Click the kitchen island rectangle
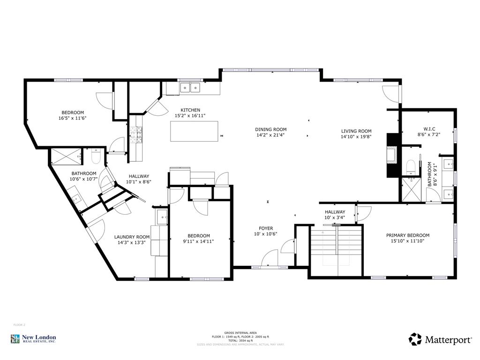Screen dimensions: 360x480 194,131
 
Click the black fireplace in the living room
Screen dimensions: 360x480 392,155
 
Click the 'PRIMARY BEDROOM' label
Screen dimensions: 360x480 407,235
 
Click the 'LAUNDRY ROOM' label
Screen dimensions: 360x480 132,237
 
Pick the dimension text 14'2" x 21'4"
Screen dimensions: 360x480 270,135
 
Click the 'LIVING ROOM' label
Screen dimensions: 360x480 356,131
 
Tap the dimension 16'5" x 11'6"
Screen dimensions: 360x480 73,118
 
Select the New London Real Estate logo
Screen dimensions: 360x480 33,338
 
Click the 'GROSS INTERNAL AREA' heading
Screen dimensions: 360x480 240,332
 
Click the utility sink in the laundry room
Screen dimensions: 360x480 162,216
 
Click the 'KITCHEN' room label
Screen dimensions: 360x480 190,110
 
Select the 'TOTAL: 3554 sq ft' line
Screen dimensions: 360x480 240,340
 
